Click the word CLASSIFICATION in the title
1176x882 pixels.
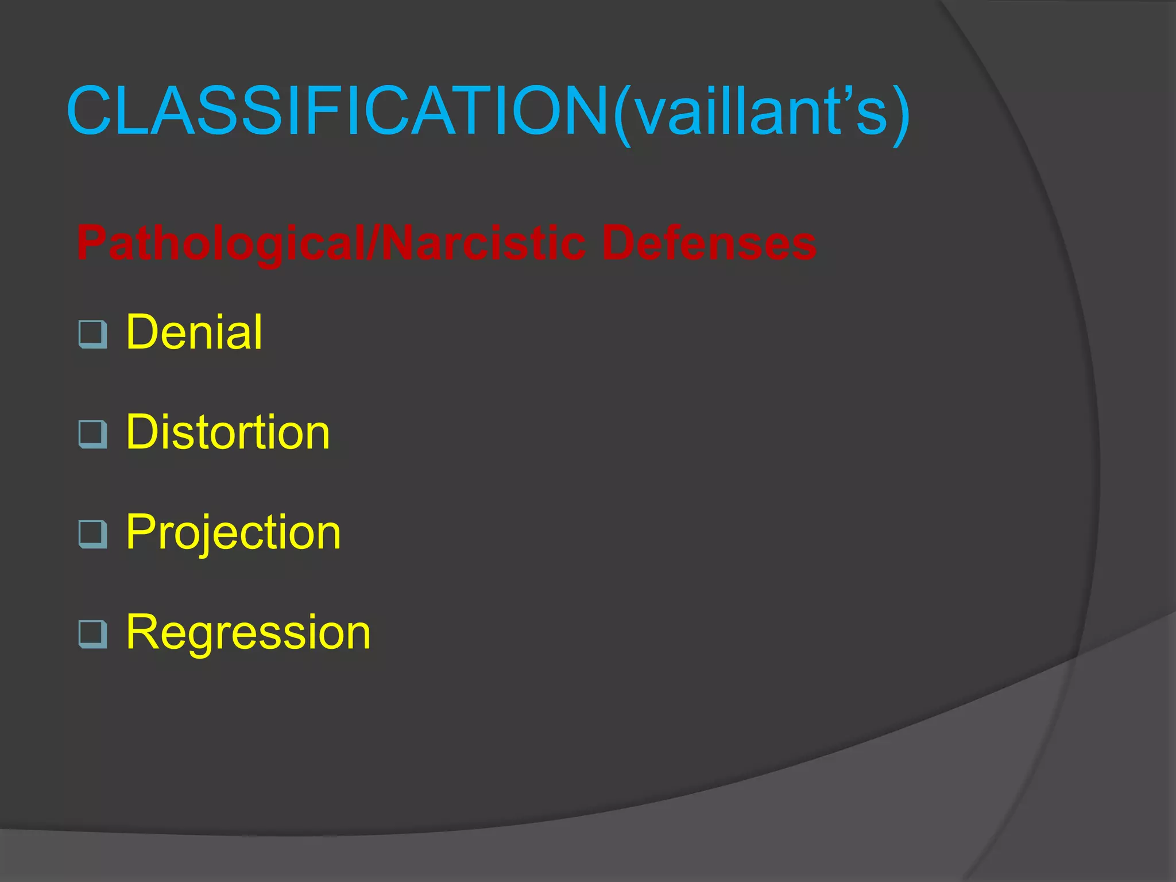coord(338,111)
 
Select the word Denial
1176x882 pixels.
coord(194,332)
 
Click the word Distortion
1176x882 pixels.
coord(228,432)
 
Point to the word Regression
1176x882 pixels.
coord(248,632)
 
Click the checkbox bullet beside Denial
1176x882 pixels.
coord(92,334)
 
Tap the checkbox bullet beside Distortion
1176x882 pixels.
coord(92,434)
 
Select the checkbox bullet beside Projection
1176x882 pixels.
coord(92,534)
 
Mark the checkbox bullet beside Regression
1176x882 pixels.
coord(92,634)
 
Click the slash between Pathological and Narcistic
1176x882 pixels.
coord(374,243)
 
